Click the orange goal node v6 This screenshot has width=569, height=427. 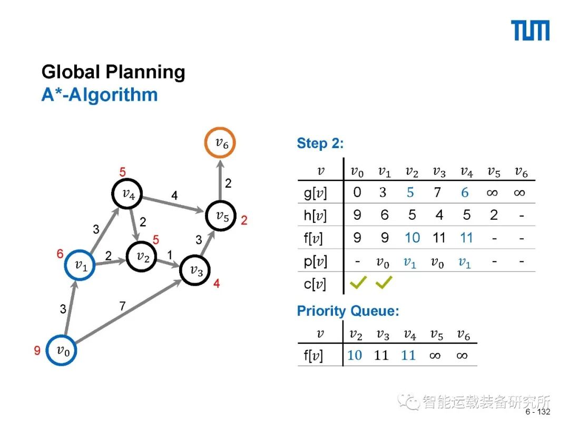coord(220,142)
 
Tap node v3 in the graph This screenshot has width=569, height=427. coord(195,270)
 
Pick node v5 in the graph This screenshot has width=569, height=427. coord(220,216)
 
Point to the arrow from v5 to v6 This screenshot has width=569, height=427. coord(220,179)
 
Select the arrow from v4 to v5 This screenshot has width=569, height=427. coord(174,205)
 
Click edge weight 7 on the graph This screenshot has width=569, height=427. coord(122,306)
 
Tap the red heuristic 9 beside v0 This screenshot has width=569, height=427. coord(37,351)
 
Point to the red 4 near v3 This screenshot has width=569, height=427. coord(217,284)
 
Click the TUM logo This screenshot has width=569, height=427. coord(531,31)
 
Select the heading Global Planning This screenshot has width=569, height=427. coord(113,72)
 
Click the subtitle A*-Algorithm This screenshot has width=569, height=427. coord(100,95)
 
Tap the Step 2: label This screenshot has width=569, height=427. coord(320,143)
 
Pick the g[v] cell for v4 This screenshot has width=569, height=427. coord(465,193)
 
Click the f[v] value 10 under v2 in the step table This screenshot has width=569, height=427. coord(412,238)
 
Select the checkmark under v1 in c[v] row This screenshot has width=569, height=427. coord(384,284)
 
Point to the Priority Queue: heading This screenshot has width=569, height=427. coord(348,310)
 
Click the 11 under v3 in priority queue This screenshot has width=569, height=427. coord(381,355)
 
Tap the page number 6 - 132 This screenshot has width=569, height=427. coord(537,412)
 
